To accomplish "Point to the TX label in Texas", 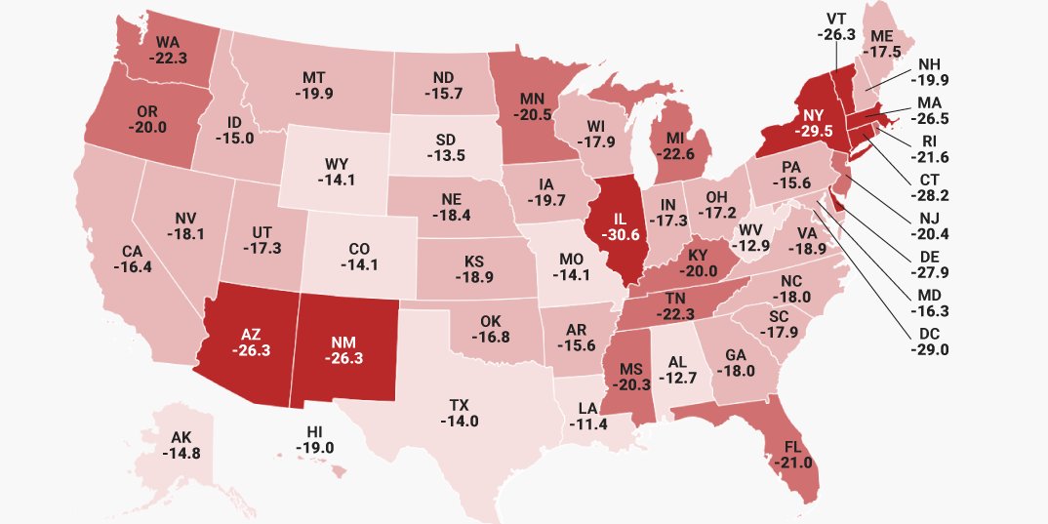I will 459,405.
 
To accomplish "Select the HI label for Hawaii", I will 315,431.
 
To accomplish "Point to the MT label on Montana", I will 313,77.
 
